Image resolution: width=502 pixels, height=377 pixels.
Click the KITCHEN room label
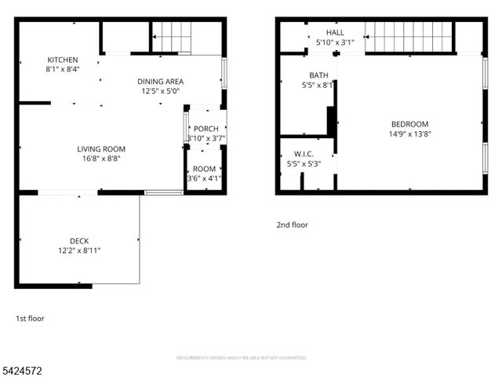click(63, 60)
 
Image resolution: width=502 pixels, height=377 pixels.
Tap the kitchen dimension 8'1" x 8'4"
click(63, 69)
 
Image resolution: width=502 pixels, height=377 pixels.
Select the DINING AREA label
click(160, 81)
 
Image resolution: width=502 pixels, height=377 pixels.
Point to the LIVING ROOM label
click(101, 148)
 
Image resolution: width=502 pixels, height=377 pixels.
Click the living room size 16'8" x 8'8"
click(101, 159)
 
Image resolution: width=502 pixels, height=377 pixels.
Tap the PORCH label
click(206, 129)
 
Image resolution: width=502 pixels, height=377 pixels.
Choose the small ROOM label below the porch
click(204, 168)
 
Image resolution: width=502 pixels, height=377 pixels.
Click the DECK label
click(79, 240)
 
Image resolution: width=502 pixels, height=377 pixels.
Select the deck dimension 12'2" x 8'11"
click(79, 251)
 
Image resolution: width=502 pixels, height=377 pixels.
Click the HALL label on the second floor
click(335, 32)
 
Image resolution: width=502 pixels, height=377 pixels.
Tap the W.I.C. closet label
click(304, 153)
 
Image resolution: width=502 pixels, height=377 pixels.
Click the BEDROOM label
click(410, 124)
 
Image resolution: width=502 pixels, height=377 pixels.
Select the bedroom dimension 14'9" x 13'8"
click(410, 134)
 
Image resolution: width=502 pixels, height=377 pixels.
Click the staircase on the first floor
click(171, 37)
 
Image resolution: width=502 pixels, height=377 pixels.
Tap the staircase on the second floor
click(409, 37)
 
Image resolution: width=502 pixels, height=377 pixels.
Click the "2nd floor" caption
click(292, 225)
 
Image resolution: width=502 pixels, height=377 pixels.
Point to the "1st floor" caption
click(31, 319)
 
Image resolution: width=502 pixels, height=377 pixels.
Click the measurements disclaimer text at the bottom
click(250, 357)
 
